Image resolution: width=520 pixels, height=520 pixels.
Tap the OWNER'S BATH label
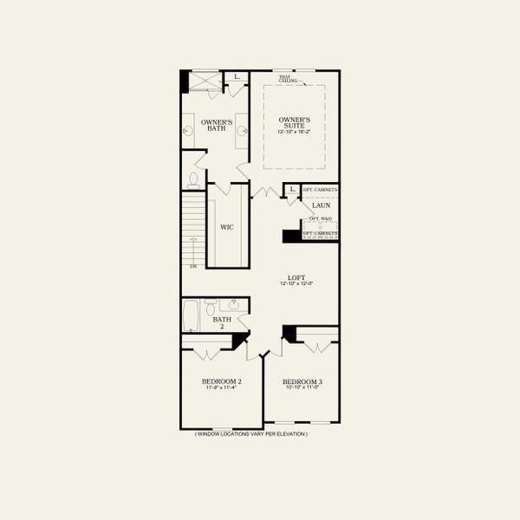click(x=217, y=126)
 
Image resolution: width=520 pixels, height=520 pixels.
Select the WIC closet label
click(x=226, y=227)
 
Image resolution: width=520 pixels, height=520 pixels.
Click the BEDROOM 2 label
click(x=221, y=381)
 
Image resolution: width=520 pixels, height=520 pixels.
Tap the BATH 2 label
click(x=221, y=323)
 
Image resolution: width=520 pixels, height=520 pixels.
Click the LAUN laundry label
click(x=321, y=205)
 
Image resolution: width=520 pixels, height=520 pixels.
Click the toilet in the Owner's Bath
click(x=192, y=179)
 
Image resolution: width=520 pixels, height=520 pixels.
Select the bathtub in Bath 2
click(x=192, y=315)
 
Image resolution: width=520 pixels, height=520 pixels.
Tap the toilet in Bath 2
click(x=211, y=309)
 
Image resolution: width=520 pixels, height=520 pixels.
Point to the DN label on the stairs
click(x=192, y=265)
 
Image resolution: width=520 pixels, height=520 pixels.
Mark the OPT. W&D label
click(x=321, y=218)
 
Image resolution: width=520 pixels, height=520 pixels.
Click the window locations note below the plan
click(x=250, y=434)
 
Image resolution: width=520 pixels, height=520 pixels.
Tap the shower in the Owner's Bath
click(x=206, y=81)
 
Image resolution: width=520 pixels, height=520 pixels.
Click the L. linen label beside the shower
click(x=237, y=77)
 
